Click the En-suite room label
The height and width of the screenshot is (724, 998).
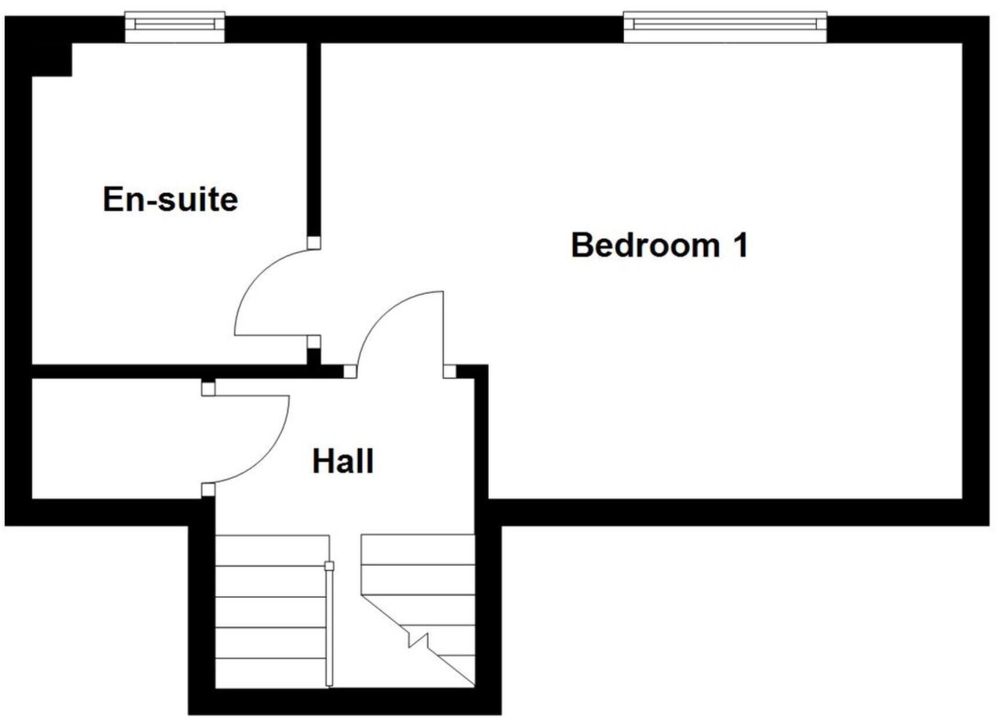170,200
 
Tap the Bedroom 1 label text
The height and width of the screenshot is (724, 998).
659,245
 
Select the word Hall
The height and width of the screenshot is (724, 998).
343,462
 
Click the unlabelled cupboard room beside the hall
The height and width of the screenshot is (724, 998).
116,439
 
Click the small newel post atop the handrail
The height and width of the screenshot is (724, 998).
329,566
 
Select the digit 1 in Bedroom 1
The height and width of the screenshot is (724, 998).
741,245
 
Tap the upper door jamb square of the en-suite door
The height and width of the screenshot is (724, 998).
314,242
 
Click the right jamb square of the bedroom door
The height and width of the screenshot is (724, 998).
450,371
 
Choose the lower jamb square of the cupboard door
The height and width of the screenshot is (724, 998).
208,490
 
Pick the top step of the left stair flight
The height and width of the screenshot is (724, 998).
271,551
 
